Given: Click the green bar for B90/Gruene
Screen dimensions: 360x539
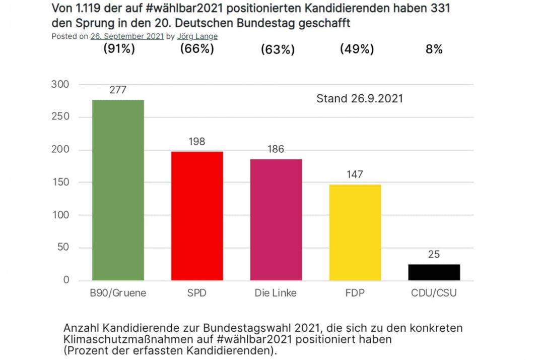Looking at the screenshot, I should (x=118, y=190).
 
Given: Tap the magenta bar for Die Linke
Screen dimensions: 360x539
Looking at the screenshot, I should (x=276, y=220).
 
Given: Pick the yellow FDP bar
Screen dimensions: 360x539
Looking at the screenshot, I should (x=355, y=232).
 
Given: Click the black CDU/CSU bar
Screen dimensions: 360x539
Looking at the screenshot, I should (x=434, y=272).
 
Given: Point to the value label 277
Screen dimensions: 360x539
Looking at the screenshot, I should (x=118, y=90).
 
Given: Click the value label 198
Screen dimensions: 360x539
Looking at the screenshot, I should (x=197, y=142).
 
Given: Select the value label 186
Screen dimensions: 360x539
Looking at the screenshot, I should (x=276, y=149).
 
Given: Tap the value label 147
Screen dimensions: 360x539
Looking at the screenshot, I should (x=355, y=174).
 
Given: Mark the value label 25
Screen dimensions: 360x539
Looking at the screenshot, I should (x=434, y=255).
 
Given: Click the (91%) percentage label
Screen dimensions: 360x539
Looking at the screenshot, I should (x=119, y=49).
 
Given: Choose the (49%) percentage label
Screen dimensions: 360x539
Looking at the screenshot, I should (x=357, y=49).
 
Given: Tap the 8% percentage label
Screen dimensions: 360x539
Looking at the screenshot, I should (x=434, y=49).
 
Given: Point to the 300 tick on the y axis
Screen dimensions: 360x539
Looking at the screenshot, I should (x=60, y=84).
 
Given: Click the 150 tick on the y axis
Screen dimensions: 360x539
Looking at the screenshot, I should (x=60, y=183).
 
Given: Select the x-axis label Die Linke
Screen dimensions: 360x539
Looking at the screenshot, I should (x=276, y=293).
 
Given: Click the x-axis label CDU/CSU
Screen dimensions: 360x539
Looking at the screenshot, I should (x=434, y=293).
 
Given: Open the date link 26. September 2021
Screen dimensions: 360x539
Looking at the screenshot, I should (x=127, y=36).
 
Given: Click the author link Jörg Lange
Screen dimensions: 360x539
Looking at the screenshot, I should (x=197, y=36).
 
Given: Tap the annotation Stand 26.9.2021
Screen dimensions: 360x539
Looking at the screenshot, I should (x=359, y=99).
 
